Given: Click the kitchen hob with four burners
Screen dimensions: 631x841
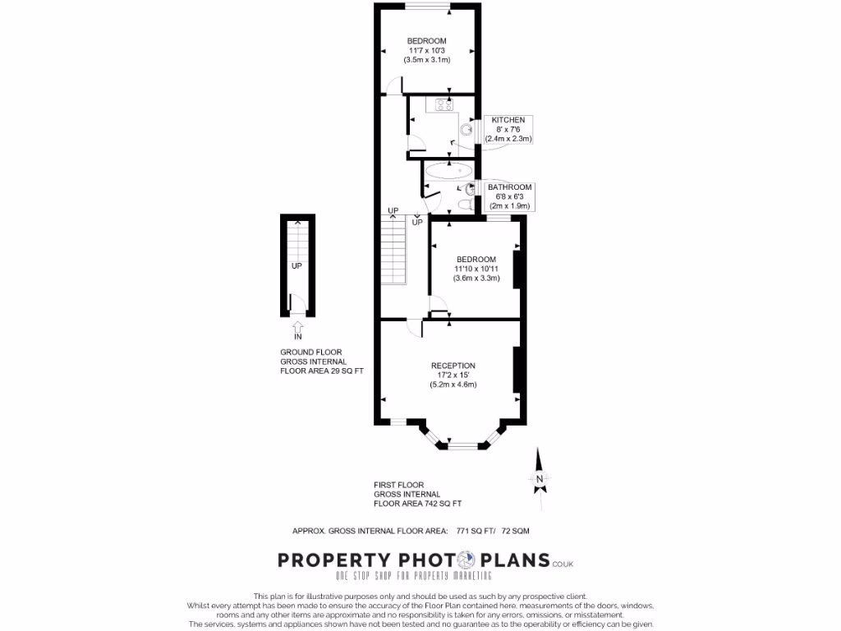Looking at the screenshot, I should pyautogui.click(x=444, y=104).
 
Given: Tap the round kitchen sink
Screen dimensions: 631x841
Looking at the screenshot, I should pyautogui.click(x=466, y=129).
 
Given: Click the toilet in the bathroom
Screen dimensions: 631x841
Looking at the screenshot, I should pyautogui.click(x=464, y=204).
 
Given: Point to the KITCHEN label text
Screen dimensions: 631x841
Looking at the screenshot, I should pyautogui.click(x=508, y=120).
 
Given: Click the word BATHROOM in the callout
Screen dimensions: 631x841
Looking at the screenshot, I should pyautogui.click(x=510, y=187).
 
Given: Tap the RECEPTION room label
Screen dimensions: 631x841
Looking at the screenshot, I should pyautogui.click(x=453, y=366).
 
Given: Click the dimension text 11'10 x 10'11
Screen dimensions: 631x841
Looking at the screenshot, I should pyautogui.click(x=476, y=269).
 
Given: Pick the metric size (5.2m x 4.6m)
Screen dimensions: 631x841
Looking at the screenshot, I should pyautogui.click(x=453, y=385).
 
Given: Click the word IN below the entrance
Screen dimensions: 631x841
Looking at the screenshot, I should pyautogui.click(x=297, y=337).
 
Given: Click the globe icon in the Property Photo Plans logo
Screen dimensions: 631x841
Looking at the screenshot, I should pyautogui.click(x=465, y=560).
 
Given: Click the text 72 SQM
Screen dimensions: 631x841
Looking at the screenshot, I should pyautogui.click(x=524, y=532).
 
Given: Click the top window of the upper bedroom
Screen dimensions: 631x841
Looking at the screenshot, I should pyautogui.click(x=426, y=7).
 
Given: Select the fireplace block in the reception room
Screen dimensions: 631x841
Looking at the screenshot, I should pyautogui.click(x=517, y=370).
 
